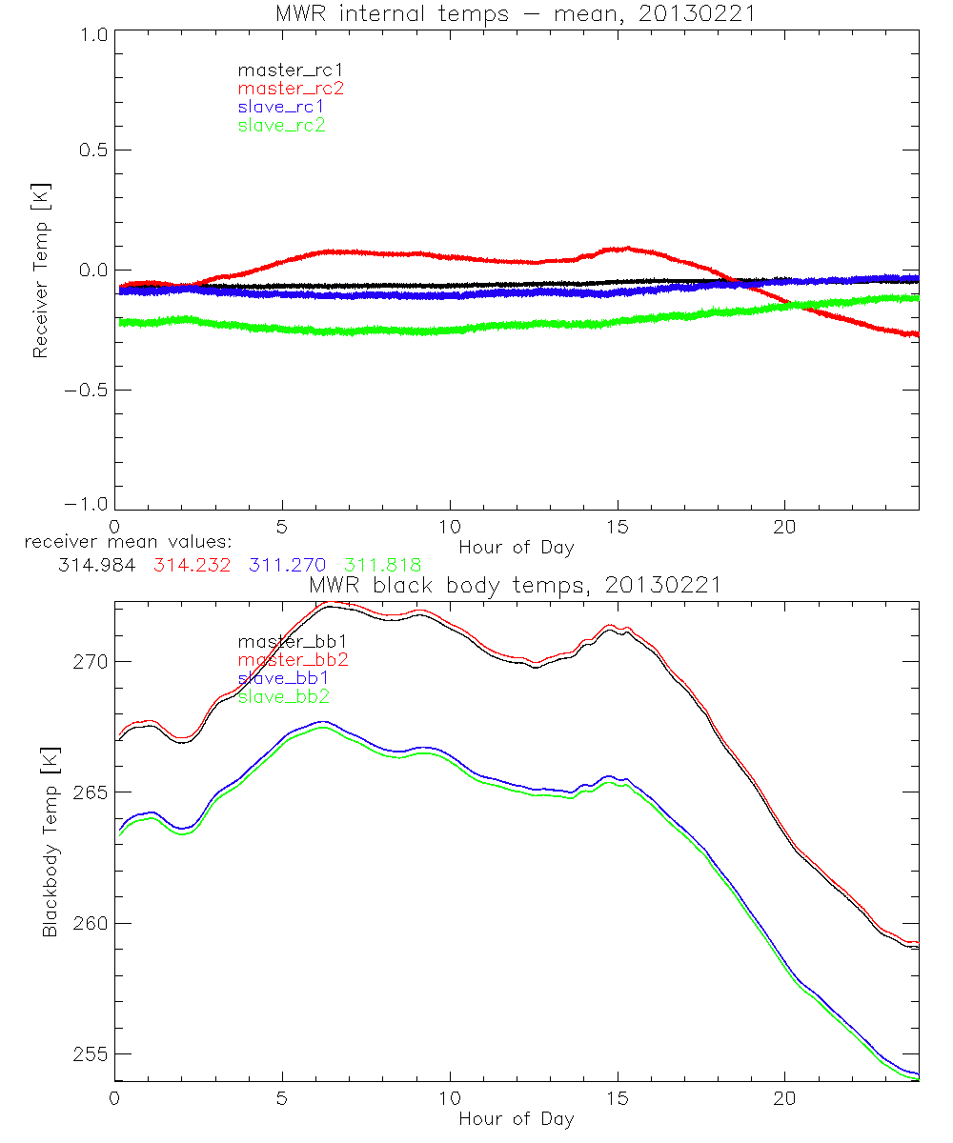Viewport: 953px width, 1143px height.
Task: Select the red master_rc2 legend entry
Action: [291, 88]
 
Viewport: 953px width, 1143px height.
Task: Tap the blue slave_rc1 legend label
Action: [281, 106]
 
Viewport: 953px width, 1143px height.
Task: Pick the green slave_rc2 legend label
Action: [281, 124]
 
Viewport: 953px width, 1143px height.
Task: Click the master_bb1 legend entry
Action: [286, 642]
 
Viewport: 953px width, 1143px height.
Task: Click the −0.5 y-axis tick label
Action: [87, 391]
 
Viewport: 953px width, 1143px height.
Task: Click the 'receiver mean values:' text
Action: [122, 543]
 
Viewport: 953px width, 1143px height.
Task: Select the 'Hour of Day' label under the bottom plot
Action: [516, 1118]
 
